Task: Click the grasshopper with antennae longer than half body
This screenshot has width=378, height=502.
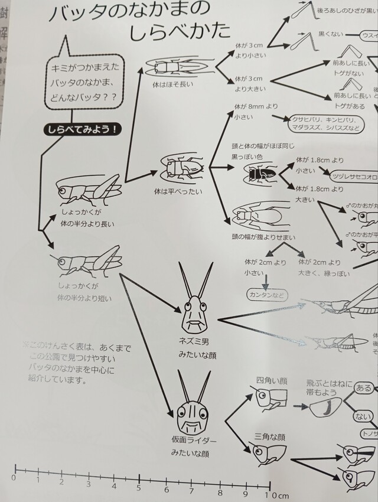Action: click(89, 189)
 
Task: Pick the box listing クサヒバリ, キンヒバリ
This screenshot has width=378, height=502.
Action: click(322, 124)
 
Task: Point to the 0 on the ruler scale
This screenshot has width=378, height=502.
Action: click(13, 477)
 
